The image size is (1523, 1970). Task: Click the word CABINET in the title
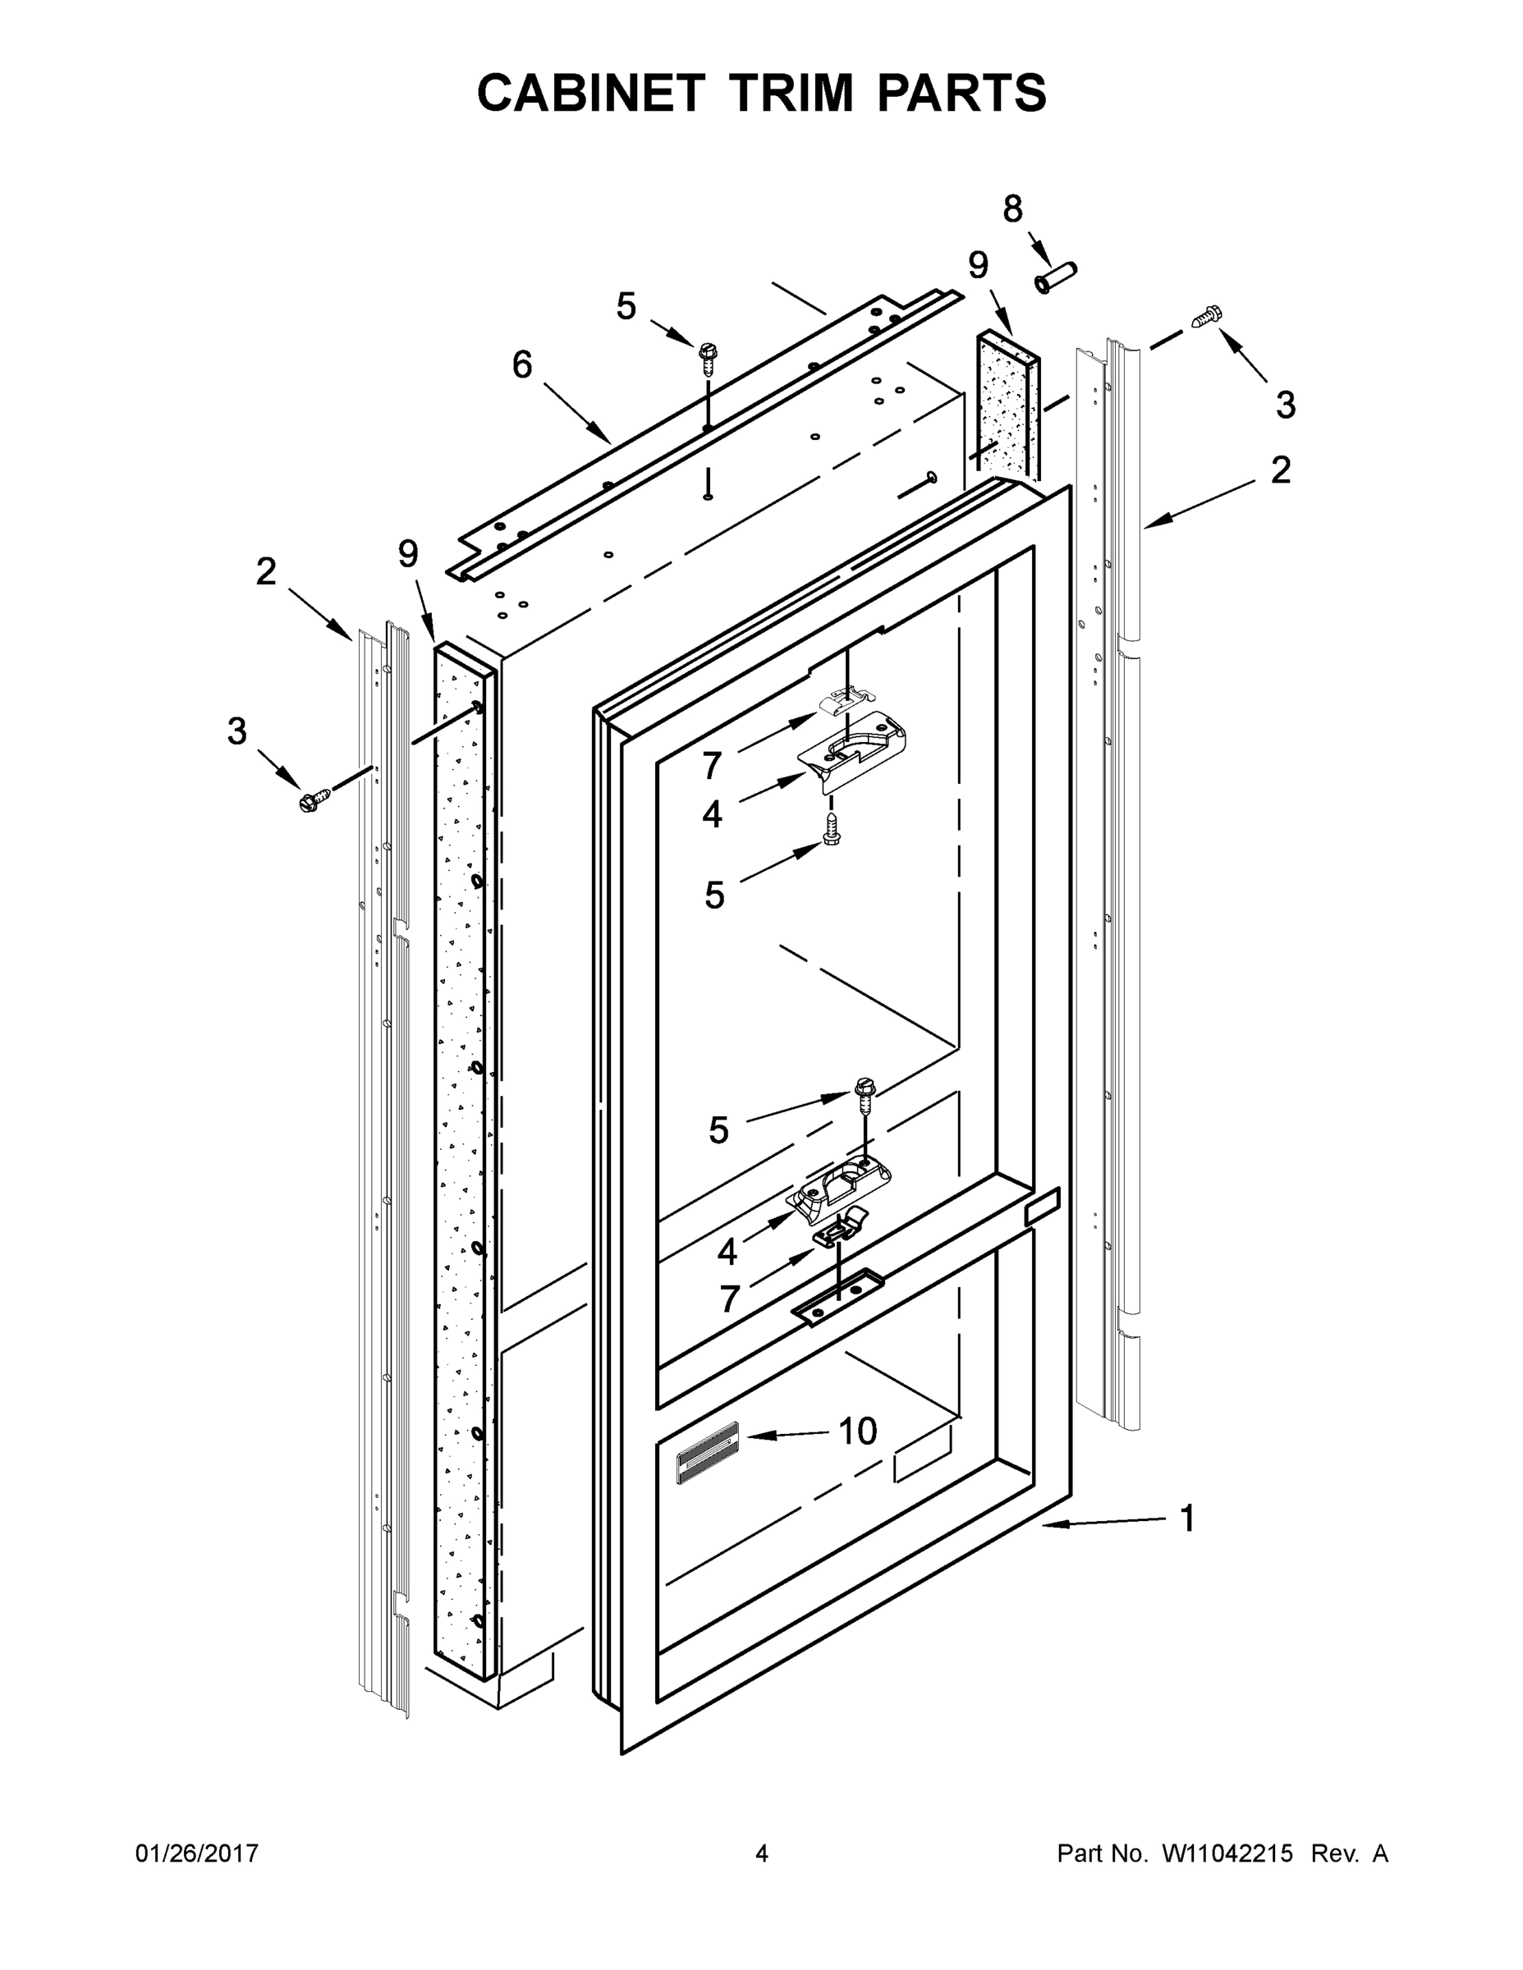[x=590, y=93]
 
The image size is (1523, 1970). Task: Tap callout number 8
[x=1013, y=209]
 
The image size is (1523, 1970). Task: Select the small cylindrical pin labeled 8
[x=1057, y=276]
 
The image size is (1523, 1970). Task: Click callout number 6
[x=521, y=365]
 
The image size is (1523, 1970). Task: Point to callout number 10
[x=857, y=1431]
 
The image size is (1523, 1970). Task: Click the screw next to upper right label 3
[x=1207, y=317]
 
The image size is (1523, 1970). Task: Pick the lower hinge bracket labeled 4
[x=839, y=1184]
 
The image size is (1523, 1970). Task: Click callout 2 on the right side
[x=1280, y=470]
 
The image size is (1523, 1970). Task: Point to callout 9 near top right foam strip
[x=978, y=265]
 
